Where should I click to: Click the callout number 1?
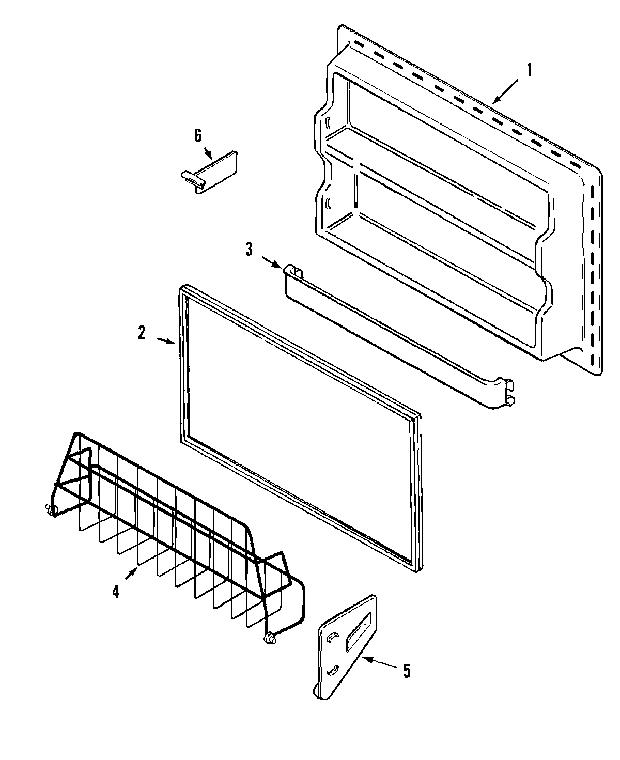[529, 70]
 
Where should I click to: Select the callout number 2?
[142, 333]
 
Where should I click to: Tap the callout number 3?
[249, 250]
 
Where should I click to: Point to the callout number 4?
[116, 592]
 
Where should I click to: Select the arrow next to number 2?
[166, 340]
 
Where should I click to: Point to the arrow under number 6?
[208, 153]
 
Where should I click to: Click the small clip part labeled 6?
[212, 172]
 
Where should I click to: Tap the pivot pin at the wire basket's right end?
[270, 639]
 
